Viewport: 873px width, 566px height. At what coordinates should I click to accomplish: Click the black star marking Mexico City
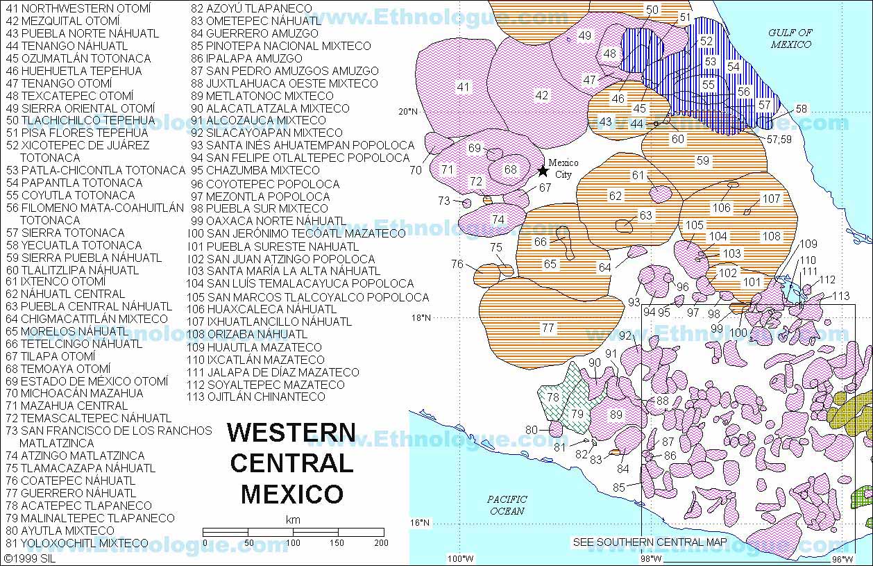pos(542,171)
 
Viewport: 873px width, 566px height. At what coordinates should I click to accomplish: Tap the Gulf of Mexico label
pos(790,38)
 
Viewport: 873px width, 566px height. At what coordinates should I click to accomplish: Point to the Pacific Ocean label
pos(507,505)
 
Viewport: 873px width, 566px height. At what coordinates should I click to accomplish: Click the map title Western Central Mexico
pos(291,463)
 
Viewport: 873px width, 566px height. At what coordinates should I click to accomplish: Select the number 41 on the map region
pos(463,87)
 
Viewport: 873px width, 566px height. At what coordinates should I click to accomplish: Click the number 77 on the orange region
pos(548,328)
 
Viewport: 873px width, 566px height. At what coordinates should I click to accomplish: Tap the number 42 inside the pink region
pos(542,95)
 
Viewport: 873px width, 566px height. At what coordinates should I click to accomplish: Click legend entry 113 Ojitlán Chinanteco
pos(256,397)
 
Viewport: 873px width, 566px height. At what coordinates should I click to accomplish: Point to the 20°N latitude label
pos(408,111)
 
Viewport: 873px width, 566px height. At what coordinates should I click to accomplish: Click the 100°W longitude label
pos(460,558)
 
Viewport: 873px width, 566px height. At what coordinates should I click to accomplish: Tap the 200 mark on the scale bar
pos(380,542)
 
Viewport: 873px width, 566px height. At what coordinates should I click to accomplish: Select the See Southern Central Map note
pos(650,542)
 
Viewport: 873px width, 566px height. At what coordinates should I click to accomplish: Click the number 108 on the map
pos(771,236)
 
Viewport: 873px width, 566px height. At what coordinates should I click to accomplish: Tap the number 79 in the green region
pos(577,414)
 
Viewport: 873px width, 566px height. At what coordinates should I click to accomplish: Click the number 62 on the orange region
pos(616,196)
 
